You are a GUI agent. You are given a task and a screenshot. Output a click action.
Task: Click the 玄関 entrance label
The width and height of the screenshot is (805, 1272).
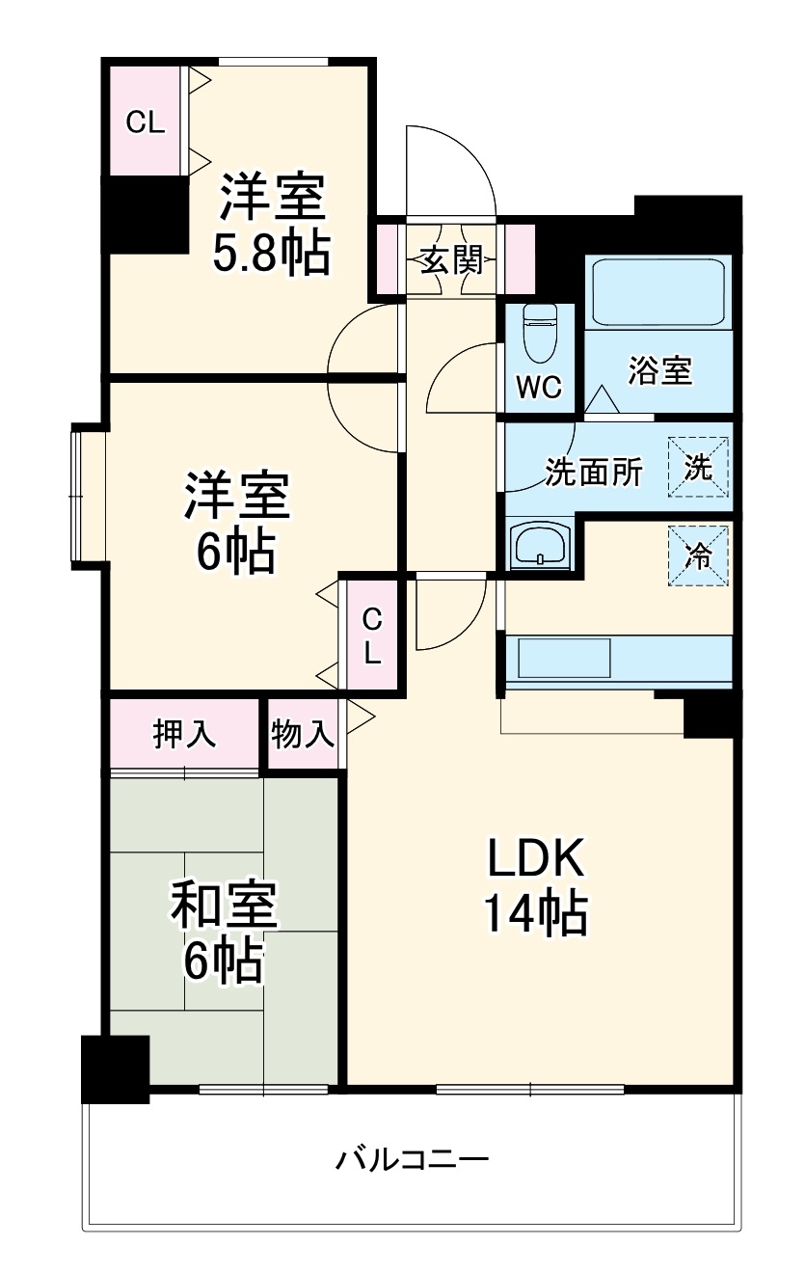pyautogui.click(x=452, y=260)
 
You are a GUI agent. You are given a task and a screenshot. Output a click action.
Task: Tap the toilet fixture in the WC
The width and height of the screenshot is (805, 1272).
pyautogui.click(x=541, y=333)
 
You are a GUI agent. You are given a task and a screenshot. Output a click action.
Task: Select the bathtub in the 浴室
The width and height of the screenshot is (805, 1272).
pyautogui.click(x=658, y=293)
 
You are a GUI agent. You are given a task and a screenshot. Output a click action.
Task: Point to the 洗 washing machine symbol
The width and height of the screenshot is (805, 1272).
pyautogui.click(x=698, y=467)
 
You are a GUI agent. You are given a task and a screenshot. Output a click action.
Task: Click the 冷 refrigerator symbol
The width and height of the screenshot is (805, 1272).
pyautogui.click(x=698, y=555)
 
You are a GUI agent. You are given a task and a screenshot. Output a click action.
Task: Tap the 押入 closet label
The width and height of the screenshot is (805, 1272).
pyautogui.click(x=184, y=734)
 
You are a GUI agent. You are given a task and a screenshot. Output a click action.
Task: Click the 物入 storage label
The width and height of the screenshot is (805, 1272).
pyautogui.click(x=302, y=734)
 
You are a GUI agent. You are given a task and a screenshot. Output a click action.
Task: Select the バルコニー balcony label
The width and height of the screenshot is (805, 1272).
pyautogui.click(x=413, y=1159)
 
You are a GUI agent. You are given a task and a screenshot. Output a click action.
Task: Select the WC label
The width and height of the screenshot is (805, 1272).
pyautogui.click(x=539, y=388)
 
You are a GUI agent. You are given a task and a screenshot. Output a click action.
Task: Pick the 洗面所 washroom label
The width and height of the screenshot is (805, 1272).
pyautogui.click(x=594, y=472)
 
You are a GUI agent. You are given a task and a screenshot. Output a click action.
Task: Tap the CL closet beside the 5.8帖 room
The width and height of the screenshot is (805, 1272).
pyautogui.click(x=146, y=121)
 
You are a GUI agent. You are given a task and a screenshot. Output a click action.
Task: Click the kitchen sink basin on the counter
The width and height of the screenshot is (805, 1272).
pyautogui.click(x=564, y=658)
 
